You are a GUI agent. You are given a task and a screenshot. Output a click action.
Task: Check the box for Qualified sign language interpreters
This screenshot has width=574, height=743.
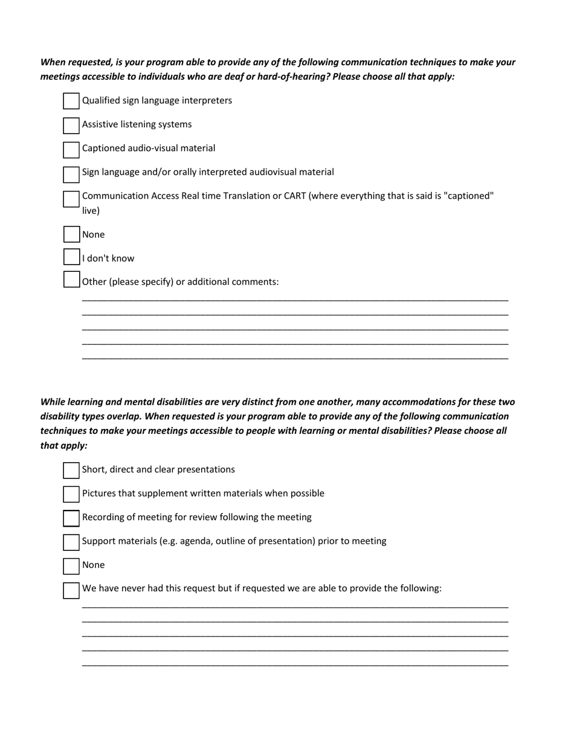point(71,101)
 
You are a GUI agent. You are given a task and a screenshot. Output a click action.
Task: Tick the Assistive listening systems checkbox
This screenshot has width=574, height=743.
point(71,125)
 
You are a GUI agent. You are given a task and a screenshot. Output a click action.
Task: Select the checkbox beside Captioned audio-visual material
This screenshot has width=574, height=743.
point(71,149)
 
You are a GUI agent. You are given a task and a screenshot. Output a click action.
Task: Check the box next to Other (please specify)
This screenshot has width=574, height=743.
point(71,280)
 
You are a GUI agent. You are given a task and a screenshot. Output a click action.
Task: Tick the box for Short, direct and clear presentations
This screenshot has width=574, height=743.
point(71,470)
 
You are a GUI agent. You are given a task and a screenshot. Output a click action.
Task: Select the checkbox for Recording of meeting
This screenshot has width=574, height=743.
point(71,518)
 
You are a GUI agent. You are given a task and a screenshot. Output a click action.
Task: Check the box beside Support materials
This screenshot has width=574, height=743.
point(71,542)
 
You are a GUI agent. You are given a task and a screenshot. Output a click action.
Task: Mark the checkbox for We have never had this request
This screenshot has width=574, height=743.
point(71,590)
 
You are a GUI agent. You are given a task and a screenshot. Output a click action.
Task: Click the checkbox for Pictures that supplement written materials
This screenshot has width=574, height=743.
point(71,494)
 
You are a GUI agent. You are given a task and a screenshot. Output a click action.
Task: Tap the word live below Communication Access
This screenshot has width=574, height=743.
point(91,211)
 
